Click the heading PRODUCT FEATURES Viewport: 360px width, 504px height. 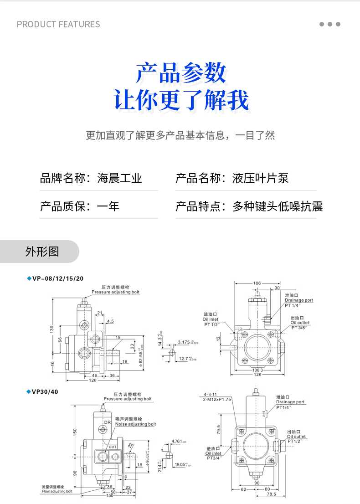[x=58, y=24]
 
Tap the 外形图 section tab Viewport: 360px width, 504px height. [x=42, y=252]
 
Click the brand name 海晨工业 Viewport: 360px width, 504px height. [x=120, y=178]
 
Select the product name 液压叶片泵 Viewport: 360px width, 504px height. [x=261, y=178]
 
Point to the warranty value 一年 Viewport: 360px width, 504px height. [x=108, y=206]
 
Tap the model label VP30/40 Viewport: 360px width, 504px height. [x=45, y=391]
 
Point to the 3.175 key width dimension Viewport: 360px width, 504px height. [x=184, y=342]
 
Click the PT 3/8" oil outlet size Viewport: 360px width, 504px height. [x=300, y=327]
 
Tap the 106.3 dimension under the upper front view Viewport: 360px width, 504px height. [x=257, y=370]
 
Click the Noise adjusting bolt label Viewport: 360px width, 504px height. [x=135, y=424]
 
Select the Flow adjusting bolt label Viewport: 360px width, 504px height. [x=57, y=492]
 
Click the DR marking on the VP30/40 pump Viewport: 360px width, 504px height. [x=108, y=422]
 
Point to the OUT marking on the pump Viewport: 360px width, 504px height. [x=113, y=447]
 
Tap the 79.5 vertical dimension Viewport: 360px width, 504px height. [x=218, y=429]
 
